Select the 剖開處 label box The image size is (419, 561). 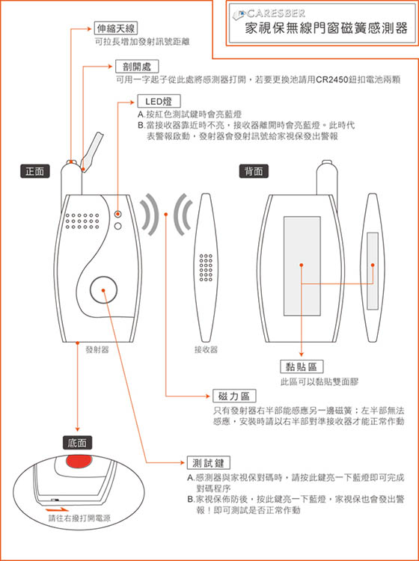click(137, 66)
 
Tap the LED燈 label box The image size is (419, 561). click(159, 101)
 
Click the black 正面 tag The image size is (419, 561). click(34, 171)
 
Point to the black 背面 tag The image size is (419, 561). click(254, 171)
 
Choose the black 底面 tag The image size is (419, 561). click(77, 444)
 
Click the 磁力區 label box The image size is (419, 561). click(234, 396)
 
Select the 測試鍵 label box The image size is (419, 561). click(209, 462)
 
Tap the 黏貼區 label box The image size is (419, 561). click(302, 367)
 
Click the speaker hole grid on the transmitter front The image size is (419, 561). click(82, 221)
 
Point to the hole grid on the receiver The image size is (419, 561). click(206, 267)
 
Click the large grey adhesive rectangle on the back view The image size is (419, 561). click(302, 266)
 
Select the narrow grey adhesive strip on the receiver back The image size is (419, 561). click(373, 271)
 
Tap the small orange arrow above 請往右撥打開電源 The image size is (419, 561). click(58, 509)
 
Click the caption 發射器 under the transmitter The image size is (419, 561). click(97, 350)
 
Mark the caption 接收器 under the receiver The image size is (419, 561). click(206, 350)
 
